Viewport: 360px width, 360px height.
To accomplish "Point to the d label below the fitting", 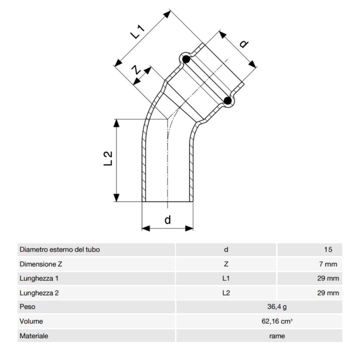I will coord(168,219).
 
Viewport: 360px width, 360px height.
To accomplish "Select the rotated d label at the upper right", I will coord(244,44).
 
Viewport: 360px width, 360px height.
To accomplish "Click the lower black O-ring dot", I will coord(228,100).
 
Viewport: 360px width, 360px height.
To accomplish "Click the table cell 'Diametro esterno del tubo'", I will coord(60,250).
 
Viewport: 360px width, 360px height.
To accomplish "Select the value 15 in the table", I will coord(328,250).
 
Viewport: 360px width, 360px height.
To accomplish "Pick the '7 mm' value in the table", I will coord(328,264).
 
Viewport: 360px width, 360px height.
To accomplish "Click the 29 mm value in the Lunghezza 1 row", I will coord(328,279).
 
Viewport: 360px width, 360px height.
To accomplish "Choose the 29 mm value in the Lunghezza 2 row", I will coord(328,293).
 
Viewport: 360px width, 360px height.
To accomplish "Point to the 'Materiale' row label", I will coord(34,336).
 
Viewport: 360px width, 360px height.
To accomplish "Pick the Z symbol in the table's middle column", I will coord(226,264).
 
